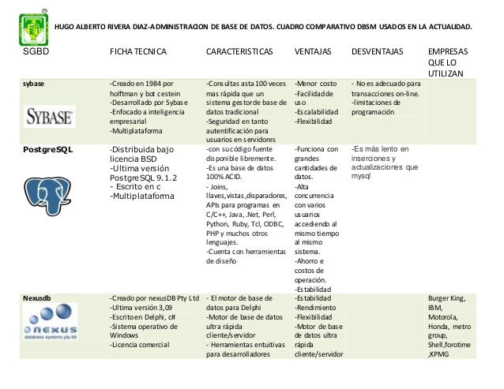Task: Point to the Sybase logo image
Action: point(51,118)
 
